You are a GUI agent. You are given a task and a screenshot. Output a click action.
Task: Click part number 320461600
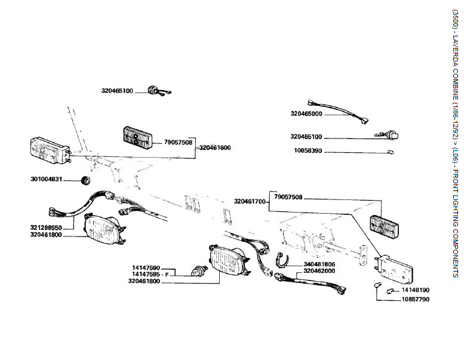coord(215,147)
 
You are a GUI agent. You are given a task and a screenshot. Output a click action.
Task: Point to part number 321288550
coord(47,228)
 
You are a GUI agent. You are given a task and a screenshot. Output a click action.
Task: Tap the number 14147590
coord(146,267)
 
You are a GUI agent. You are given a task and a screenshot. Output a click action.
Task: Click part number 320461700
coord(250,201)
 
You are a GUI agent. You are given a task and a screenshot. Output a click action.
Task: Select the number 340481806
coord(319,263)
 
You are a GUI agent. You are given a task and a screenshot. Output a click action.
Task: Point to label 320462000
coord(319,270)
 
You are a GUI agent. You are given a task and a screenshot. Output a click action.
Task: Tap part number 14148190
coord(415,290)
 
